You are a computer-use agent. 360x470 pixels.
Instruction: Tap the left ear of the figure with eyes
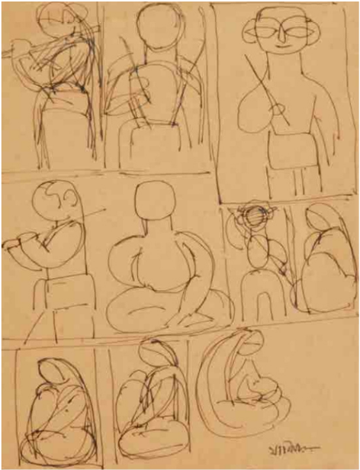click(x=249, y=30)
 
